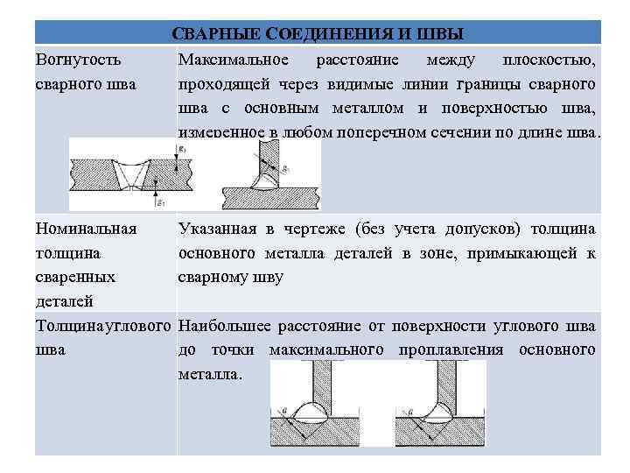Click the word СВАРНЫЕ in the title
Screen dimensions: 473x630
pyautogui.click(x=216, y=33)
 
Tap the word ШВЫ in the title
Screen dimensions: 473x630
pyautogui.click(x=441, y=33)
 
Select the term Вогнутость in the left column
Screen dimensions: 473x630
pyautogui.click(x=79, y=60)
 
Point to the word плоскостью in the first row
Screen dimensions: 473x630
pyautogui.click(x=549, y=60)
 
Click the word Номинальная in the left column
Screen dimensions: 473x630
pyautogui.click(x=86, y=229)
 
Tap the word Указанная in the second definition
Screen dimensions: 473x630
pyautogui.click(x=218, y=229)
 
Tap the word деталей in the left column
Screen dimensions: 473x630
pyautogui.click(x=64, y=302)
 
